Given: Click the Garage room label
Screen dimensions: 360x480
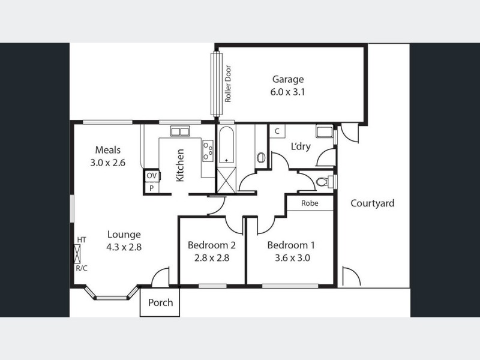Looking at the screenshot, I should click(x=288, y=79).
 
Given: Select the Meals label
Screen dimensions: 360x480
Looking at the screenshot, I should click(x=108, y=149).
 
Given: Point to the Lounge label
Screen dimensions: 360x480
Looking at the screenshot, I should click(x=124, y=234).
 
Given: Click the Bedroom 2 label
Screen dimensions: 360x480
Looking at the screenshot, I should click(x=211, y=245).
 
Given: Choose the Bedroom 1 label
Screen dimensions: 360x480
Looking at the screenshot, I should click(x=290, y=245).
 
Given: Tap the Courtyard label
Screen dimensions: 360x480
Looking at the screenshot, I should click(x=373, y=203).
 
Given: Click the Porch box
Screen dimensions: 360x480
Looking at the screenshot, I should click(x=160, y=302).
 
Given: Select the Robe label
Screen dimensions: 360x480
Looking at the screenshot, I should click(x=309, y=203).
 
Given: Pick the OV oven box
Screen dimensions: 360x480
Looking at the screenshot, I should click(x=152, y=175).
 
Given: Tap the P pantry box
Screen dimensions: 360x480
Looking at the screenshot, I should click(x=152, y=187).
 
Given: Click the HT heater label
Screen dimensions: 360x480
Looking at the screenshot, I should click(x=82, y=240).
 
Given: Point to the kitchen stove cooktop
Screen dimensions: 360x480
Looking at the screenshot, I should click(x=208, y=150).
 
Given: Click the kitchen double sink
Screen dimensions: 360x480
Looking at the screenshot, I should click(x=179, y=130).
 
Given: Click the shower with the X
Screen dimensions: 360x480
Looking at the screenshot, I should click(x=226, y=179).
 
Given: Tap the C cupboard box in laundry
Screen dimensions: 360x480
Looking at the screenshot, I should click(x=277, y=131).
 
